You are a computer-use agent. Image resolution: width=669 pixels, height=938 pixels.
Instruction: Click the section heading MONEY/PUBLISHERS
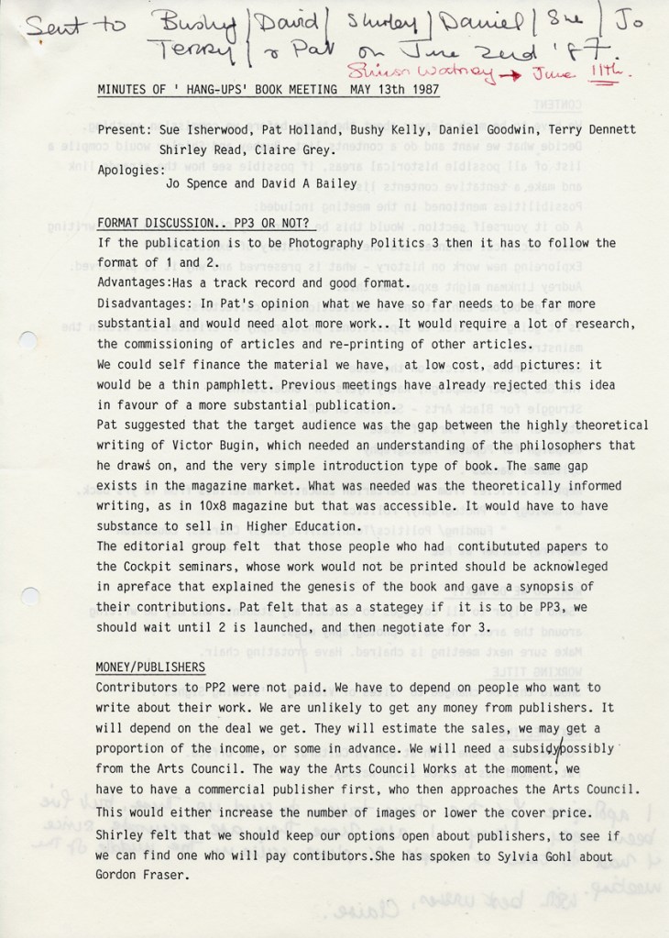(150, 667)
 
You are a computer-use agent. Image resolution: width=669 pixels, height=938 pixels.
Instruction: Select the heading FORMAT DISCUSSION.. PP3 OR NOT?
(206, 223)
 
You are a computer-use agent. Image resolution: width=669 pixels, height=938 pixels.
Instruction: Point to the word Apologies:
(131, 170)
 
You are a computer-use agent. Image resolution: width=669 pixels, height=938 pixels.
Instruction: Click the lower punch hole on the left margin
(24, 597)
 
